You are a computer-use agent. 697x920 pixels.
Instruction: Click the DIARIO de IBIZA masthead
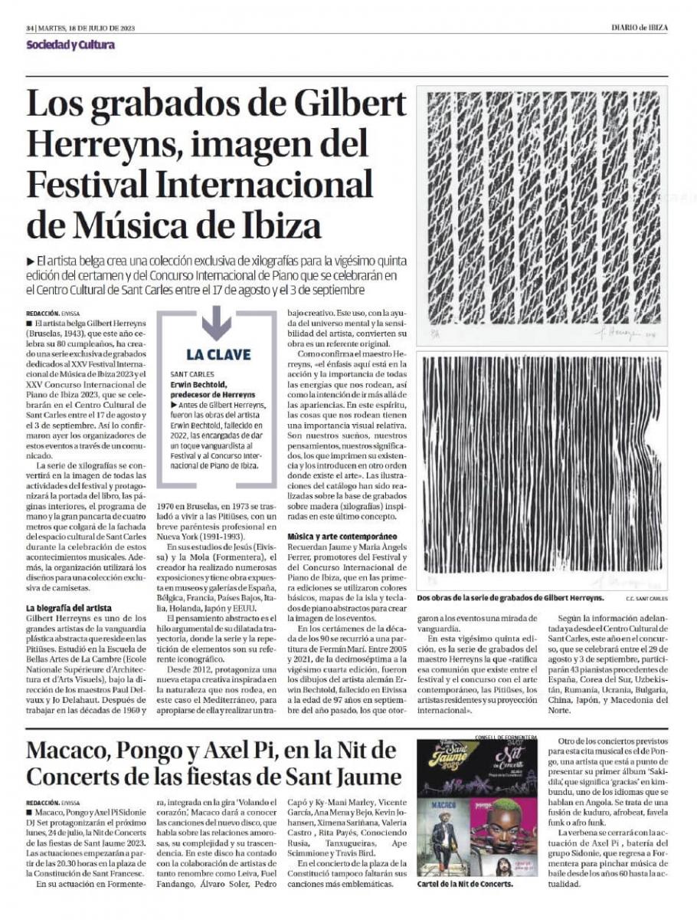(639, 28)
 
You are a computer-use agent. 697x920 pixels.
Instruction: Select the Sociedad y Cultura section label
(70, 44)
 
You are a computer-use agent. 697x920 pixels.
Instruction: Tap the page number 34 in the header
(30, 28)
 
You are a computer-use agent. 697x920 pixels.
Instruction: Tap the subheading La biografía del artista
(69, 608)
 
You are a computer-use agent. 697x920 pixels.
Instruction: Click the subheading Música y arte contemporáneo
(342, 536)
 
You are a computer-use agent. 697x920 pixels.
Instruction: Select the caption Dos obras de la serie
(510, 597)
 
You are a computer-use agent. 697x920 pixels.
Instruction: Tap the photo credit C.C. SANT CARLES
(647, 598)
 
